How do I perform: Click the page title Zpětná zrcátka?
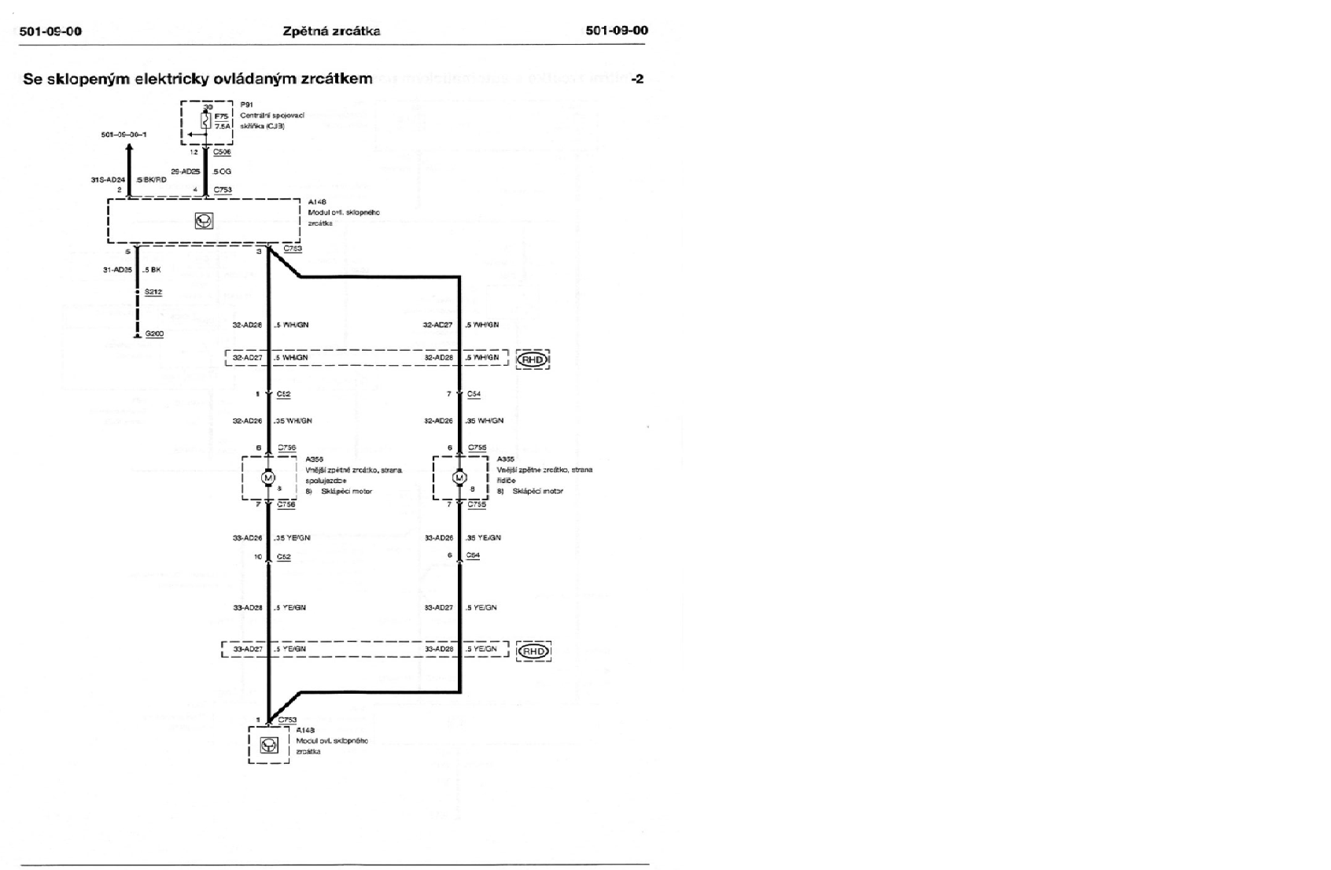coord(331,31)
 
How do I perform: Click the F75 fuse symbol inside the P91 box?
coord(207,120)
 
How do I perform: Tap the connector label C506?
coord(222,152)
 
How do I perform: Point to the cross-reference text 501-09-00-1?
coord(124,135)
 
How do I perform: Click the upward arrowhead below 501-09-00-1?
coord(130,149)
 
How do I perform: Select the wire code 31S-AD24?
coord(108,179)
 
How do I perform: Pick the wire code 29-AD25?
coord(186,171)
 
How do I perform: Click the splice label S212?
coord(153,292)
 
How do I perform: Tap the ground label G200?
coord(154,334)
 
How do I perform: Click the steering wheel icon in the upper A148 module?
coord(204,221)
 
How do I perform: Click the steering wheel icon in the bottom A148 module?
coord(269,745)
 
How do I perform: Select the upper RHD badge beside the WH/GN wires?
coord(533,359)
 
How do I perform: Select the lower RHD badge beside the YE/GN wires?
coord(533,651)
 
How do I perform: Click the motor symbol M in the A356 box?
coord(267,478)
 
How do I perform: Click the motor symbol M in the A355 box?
coord(459,478)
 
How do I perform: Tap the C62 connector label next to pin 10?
coord(283,557)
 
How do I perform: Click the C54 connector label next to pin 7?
coord(474,394)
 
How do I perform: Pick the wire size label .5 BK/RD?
coord(151,179)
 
